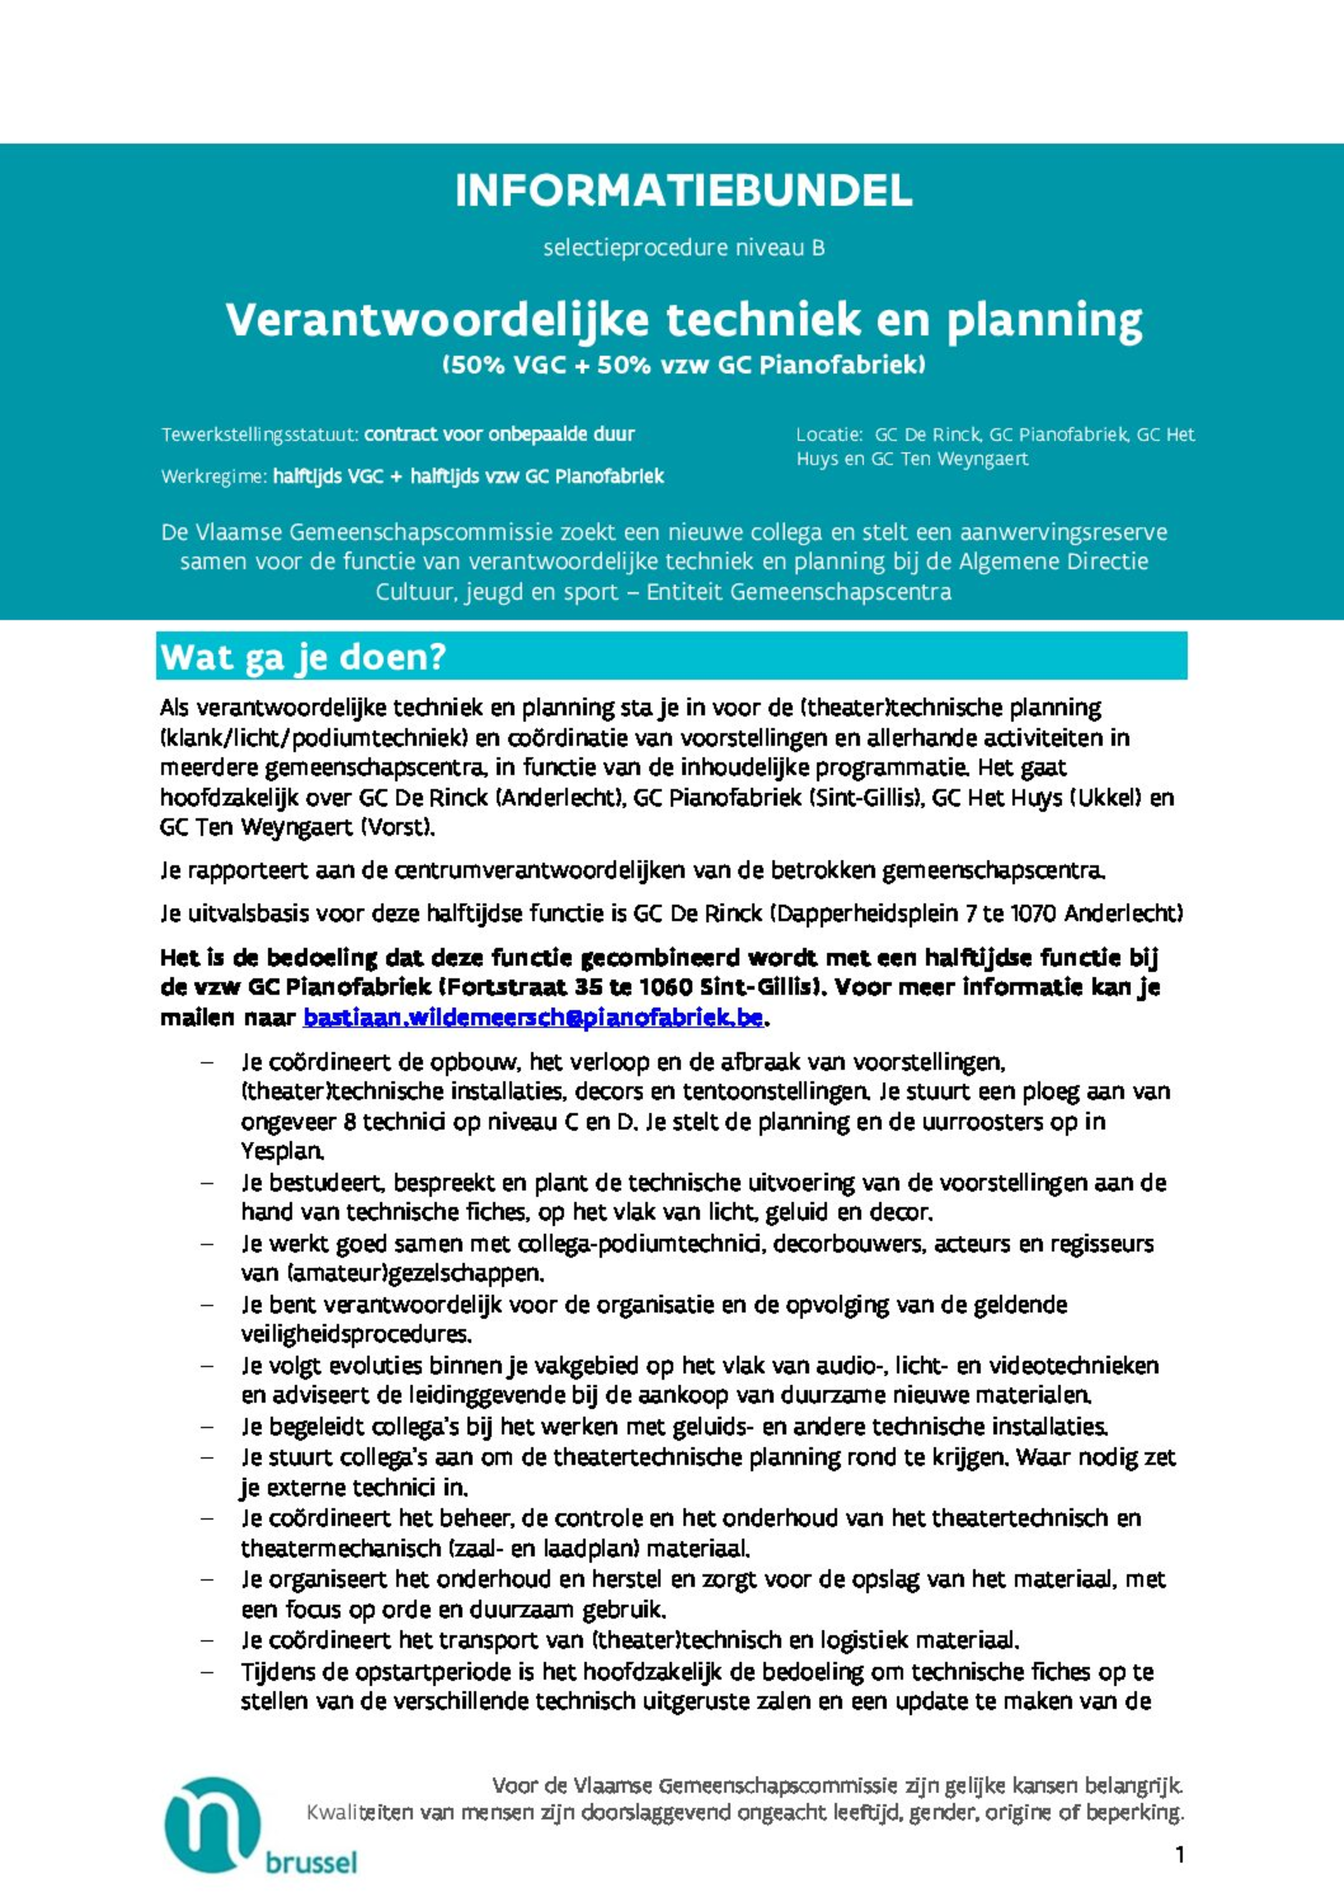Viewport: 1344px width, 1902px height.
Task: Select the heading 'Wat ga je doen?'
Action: coord(303,658)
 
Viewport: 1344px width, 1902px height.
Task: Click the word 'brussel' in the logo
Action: coord(312,1863)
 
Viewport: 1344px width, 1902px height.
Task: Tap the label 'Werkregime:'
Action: coord(215,477)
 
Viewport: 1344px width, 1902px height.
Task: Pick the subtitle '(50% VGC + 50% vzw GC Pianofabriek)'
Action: coord(684,365)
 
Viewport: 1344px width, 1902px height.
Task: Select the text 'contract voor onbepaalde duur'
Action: coord(500,434)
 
